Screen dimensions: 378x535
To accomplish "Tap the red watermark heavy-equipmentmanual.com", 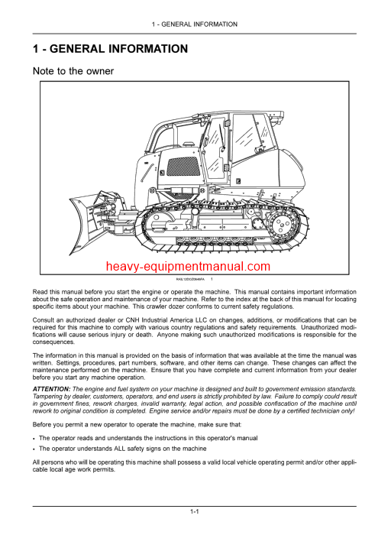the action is point(189,267).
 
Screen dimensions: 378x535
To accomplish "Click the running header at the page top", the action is point(189,24).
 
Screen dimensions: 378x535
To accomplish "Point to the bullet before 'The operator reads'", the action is point(34,437).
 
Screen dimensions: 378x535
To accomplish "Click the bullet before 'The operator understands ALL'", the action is point(34,449).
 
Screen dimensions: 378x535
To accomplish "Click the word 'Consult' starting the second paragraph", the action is point(44,319).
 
